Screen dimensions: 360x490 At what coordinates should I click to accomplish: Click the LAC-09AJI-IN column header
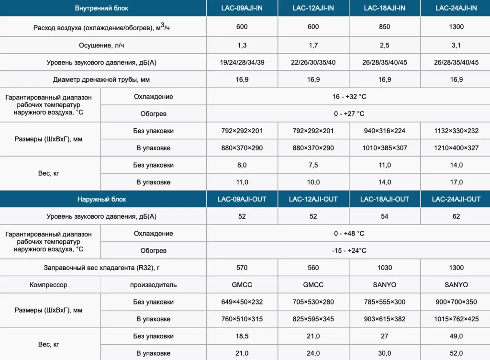tap(242, 8)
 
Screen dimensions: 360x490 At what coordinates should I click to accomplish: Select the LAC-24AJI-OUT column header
tap(456, 199)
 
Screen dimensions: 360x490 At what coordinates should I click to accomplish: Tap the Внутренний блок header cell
tap(102, 8)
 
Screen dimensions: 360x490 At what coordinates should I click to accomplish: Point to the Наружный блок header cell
tap(102, 199)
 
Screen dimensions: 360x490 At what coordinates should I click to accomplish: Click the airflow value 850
tap(385, 27)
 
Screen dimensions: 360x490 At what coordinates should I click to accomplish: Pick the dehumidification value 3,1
tap(456, 45)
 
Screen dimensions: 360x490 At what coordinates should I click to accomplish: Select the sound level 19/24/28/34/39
tap(242, 63)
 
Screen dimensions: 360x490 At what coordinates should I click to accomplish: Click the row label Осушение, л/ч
tap(102, 45)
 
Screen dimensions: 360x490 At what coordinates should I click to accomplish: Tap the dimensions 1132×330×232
tap(456, 131)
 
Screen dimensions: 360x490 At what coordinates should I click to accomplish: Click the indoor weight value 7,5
tap(313, 165)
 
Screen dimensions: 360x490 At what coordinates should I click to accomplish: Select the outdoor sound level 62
tap(456, 216)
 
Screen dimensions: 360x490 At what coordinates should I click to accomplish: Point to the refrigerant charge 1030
tap(385, 268)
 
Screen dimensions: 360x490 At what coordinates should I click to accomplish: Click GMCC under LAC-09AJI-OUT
tap(242, 285)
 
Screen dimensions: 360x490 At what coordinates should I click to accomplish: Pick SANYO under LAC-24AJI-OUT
tap(456, 285)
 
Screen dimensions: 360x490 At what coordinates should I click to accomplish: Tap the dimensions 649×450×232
tap(242, 302)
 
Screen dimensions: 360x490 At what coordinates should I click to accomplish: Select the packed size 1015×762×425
tap(456, 319)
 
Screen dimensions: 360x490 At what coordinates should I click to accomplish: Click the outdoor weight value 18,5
tap(242, 336)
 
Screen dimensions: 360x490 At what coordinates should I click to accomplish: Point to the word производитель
tap(154, 285)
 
